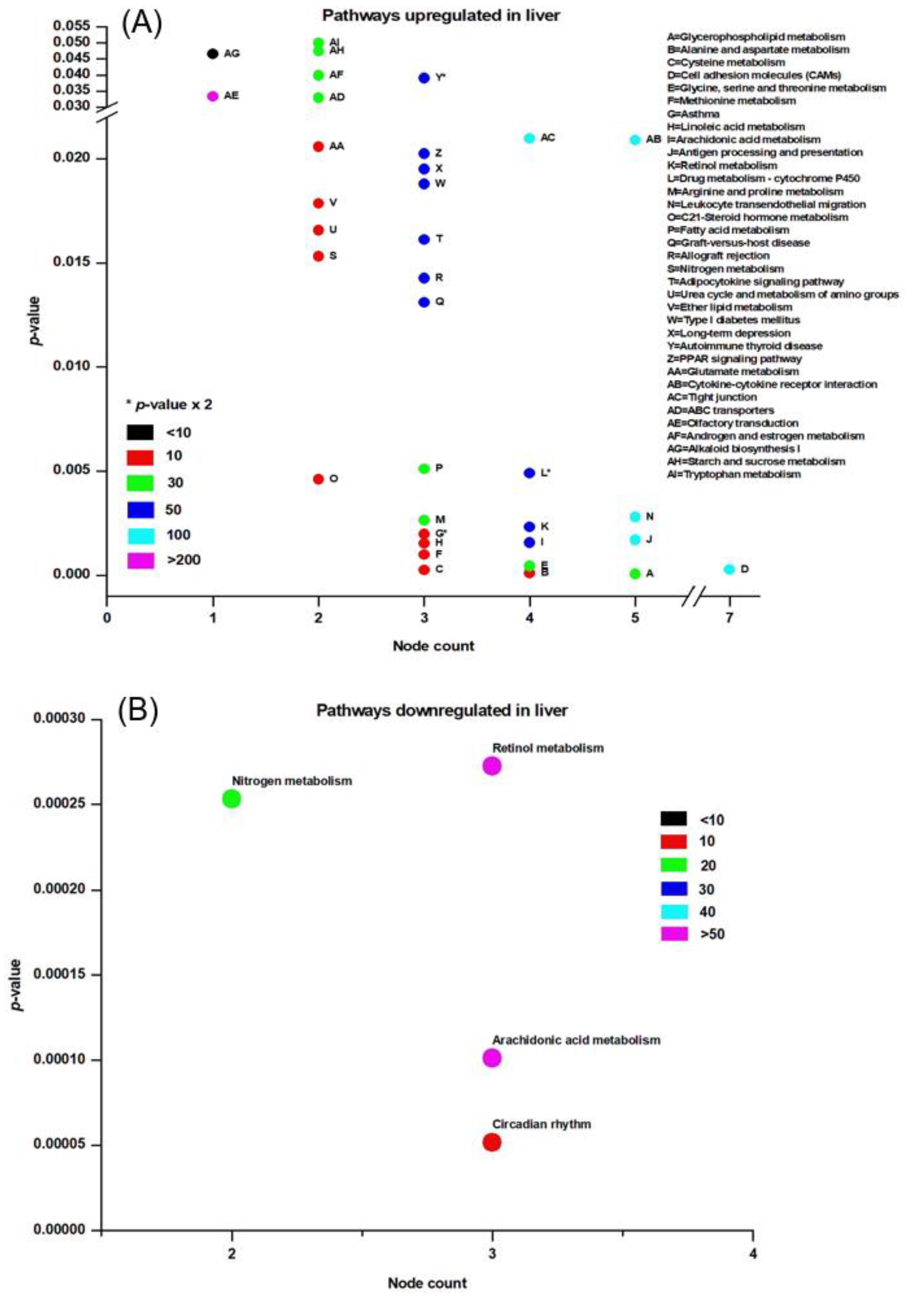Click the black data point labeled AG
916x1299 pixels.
click(x=213, y=54)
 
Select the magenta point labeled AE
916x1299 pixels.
click(x=213, y=96)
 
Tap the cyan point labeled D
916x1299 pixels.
click(x=729, y=569)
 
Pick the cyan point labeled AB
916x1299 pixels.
click(x=635, y=140)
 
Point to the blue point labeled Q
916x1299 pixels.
click(x=424, y=302)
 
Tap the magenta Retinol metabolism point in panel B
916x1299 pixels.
click(x=492, y=766)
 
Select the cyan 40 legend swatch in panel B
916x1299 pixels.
click(x=674, y=911)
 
